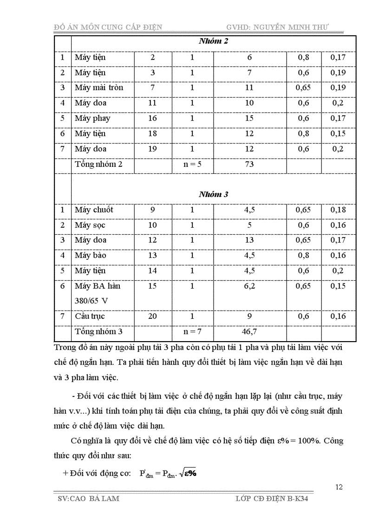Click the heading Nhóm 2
213,41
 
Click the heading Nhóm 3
213,194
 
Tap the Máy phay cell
92,118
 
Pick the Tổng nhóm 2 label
99,164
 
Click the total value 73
250,164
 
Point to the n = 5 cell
192,164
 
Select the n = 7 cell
192,331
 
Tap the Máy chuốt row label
94,210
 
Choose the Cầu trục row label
90,316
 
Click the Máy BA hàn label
98,286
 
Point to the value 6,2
250,286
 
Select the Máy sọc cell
90,225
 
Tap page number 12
339,487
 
